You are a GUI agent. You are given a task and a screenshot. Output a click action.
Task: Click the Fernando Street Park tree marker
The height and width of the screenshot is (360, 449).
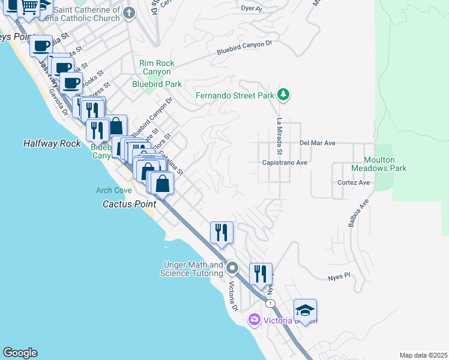coord(284,95)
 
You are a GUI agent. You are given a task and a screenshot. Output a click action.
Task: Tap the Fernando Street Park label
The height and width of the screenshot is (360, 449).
coord(235,95)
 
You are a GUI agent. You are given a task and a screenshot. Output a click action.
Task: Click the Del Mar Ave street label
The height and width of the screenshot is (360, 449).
coord(317,143)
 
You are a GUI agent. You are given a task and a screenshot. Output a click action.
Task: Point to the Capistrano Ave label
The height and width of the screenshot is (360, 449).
coord(285,163)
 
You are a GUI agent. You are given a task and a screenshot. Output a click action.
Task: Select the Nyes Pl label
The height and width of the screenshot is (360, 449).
coord(339,278)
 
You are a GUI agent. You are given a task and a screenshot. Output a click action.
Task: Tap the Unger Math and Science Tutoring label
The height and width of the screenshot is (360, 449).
coord(191,269)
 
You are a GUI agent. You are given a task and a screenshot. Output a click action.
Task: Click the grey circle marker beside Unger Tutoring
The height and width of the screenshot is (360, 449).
coord(233,268)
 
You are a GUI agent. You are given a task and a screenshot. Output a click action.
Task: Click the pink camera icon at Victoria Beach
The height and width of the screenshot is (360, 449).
coord(255,320)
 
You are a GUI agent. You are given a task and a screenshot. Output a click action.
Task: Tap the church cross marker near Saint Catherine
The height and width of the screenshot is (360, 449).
coord(128,12)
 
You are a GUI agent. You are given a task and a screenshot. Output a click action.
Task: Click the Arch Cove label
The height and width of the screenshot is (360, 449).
coord(113,190)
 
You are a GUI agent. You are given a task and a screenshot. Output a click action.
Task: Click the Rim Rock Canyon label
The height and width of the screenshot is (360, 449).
coord(157,67)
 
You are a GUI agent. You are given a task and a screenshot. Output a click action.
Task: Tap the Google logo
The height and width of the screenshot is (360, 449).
coord(20,353)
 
